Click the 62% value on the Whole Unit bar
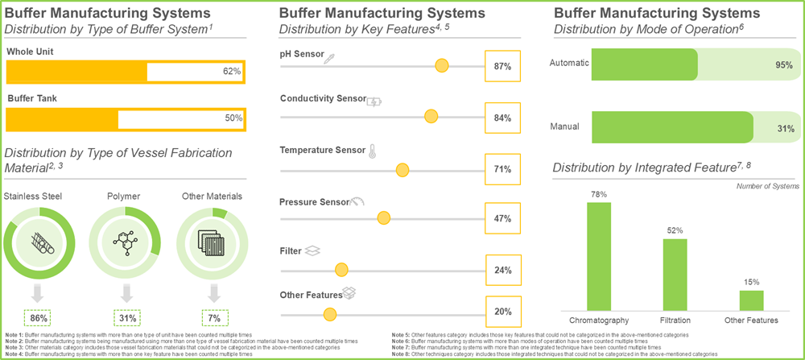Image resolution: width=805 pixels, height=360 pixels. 232,72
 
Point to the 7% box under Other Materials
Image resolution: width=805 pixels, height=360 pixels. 213,317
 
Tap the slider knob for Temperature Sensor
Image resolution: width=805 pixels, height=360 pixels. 402,169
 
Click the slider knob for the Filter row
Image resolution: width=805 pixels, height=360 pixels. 341,269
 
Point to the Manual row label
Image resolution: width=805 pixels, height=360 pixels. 565,127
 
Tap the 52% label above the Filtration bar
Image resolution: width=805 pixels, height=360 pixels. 675,230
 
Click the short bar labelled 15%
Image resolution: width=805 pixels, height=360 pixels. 751,300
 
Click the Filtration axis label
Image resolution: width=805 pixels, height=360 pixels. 675,320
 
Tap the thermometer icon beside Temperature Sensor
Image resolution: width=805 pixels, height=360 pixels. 372,150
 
